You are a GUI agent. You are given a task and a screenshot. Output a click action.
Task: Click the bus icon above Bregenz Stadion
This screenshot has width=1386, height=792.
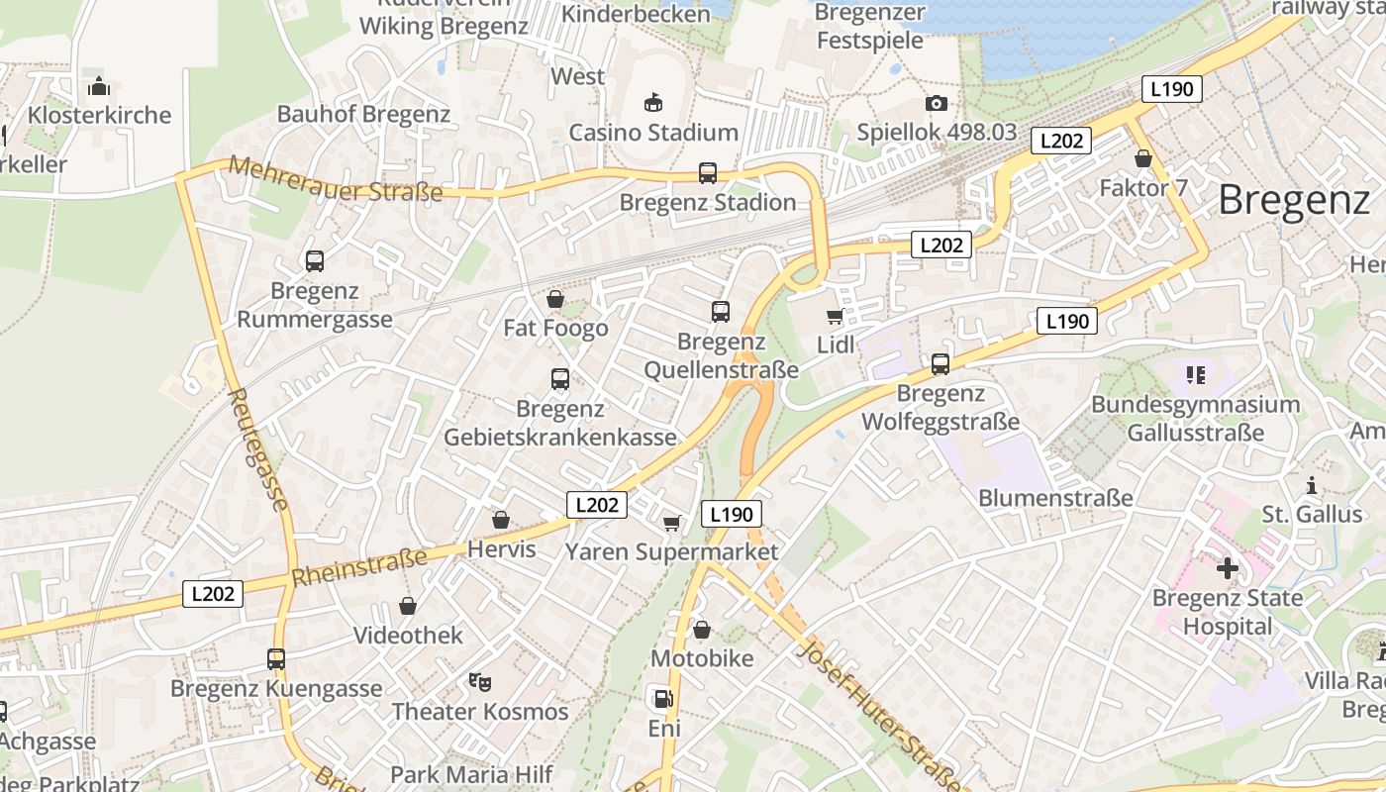pyautogui.click(x=708, y=173)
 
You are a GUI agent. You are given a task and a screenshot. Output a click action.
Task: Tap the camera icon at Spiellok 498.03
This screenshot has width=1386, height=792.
pyautogui.click(x=936, y=104)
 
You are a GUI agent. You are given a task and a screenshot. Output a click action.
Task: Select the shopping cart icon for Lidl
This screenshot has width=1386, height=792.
pyautogui.click(x=835, y=317)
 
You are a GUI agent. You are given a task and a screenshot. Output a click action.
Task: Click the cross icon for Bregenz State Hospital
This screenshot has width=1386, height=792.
pyautogui.click(x=1228, y=568)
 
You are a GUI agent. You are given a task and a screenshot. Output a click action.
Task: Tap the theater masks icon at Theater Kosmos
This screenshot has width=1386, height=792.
pyautogui.click(x=480, y=681)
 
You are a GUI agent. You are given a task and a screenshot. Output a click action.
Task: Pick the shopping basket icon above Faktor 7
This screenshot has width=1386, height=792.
pyautogui.click(x=1143, y=158)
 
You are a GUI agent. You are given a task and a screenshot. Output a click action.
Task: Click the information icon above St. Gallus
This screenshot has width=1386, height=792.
pyautogui.click(x=1312, y=485)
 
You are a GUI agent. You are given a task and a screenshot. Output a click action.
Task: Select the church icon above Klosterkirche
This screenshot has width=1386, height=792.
pyautogui.click(x=98, y=86)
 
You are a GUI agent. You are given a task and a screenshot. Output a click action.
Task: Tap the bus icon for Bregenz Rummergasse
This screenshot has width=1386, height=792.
pyautogui.click(x=315, y=261)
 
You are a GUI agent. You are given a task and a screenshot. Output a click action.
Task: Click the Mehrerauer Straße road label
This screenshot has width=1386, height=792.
pyautogui.click(x=335, y=180)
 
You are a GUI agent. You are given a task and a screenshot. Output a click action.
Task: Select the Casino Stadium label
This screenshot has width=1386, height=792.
pyautogui.click(x=653, y=132)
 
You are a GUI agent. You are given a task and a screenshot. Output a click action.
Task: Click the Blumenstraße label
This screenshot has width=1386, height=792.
pyautogui.click(x=1055, y=498)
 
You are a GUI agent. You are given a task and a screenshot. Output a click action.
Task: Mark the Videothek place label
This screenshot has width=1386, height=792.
pyautogui.click(x=408, y=635)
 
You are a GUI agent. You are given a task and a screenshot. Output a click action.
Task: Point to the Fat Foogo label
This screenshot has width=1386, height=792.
pyautogui.click(x=555, y=328)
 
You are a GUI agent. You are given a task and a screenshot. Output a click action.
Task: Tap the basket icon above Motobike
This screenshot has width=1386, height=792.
pyautogui.click(x=702, y=630)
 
